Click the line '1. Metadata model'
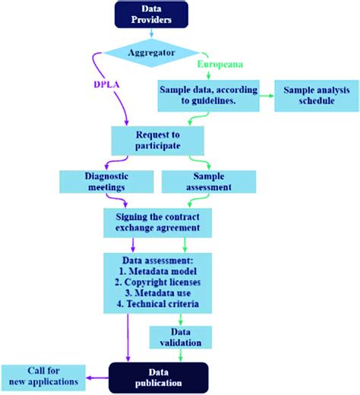pos(157,271)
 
